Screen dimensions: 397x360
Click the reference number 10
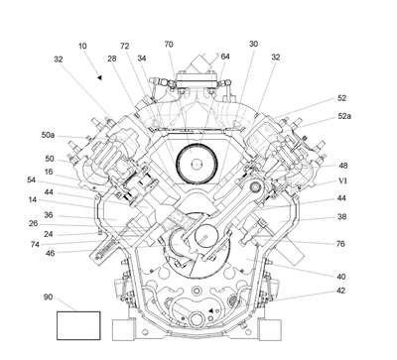82,46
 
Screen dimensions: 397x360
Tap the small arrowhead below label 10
99,77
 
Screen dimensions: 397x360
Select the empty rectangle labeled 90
78,325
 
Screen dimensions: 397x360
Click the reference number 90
48,297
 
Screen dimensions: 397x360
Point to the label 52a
344,116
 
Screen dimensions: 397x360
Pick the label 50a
48,135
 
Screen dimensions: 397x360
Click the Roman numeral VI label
342,180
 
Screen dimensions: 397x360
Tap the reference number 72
124,46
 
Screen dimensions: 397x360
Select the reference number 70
169,45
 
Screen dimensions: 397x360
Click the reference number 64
225,57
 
